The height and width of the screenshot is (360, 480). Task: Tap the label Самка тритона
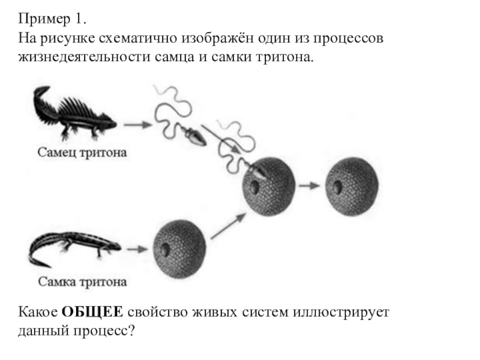tap(83, 281)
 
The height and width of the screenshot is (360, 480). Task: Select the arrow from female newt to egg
tap(137, 248)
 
